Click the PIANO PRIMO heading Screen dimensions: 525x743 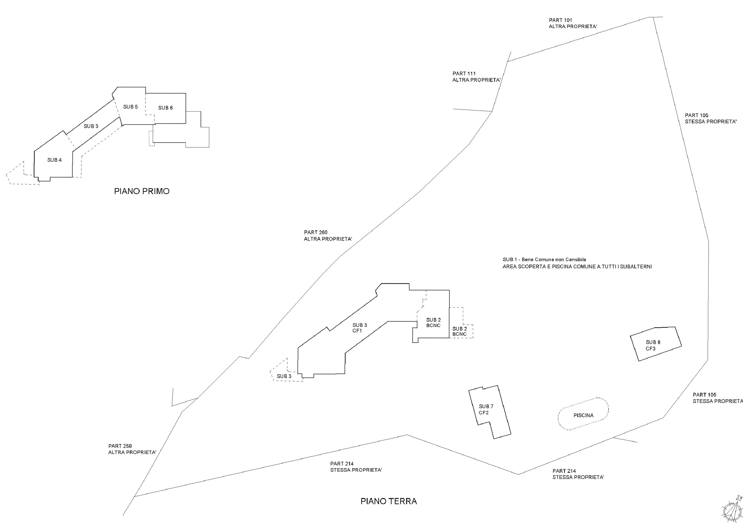click(x=142, y=191)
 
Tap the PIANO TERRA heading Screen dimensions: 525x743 click(x=389, y=501)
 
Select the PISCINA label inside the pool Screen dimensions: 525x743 click(x=584, y=415)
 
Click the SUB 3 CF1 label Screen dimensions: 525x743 click(x=359, y=328)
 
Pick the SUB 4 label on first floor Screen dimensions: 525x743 click(x=54, y=160)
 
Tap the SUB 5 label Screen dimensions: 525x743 click(x=130, y=107)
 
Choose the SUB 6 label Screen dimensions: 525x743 click(x=165, y=108)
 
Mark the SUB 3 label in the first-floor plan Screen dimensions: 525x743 click(x=91, y=126)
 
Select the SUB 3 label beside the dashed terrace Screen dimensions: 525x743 click(x=284, y=376)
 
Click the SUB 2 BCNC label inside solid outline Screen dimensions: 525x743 click(x=433, y=322)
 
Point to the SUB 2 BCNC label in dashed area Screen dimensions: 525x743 click(x=460, y=331)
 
